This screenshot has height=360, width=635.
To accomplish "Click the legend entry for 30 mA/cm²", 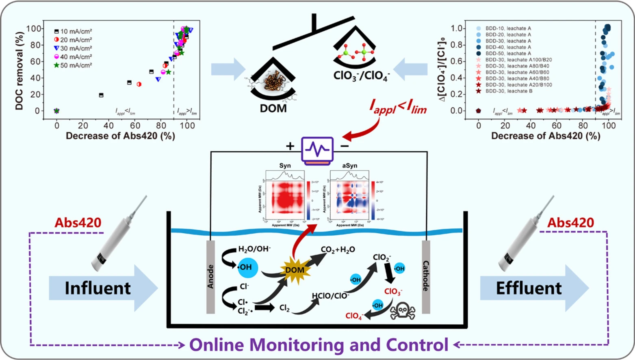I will pyautogui.click(x=73, y=48).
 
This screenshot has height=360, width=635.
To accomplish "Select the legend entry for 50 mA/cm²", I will pyautogui.click(x=73, y=65).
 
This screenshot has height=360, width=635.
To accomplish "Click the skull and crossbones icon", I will pyautogui.click(x=402, y=312).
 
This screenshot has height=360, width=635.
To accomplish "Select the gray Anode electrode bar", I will pyautogui.click(x=210, y=277).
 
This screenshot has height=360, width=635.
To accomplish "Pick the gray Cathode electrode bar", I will pyautogui.click(x=426, y=277).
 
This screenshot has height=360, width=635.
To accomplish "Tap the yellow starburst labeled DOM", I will pyautogui.click(x=295, y=270).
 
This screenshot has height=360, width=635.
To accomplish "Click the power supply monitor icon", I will pyautogui.click(x=318, y=150).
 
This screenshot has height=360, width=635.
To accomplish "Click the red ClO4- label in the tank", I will pyautogui.click(x=354, y=316).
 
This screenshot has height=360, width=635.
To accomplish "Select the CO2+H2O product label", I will pyautogui.click(x=338, y=249).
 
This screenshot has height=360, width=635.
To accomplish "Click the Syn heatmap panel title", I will pyautogui.click(x=285, y=166).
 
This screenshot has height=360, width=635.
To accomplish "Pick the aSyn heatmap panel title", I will pyautogui.click(x=349, y=166).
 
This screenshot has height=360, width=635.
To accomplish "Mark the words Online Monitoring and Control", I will pyautogui.click(x=319, y=345).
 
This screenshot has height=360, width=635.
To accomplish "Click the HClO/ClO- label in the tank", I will pyautogui.click(x=330, y=296).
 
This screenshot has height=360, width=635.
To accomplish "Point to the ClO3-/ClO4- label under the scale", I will pyautogui.click(x=361, y=76).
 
